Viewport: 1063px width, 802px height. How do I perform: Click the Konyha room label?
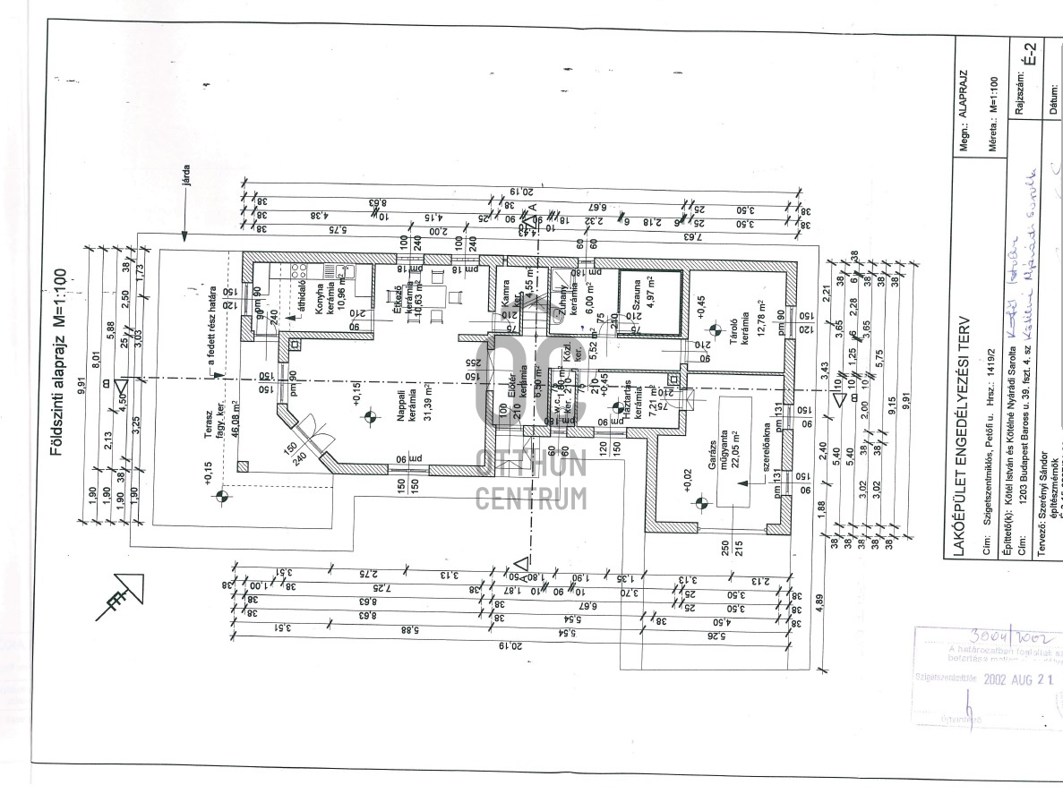(x=317, y=303)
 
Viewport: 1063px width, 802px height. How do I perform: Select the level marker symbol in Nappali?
(x=367, y=415)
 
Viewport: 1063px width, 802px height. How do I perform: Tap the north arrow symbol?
(x=120, y=598)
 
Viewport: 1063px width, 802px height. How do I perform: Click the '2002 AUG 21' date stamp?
(x=1018, y=678)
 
